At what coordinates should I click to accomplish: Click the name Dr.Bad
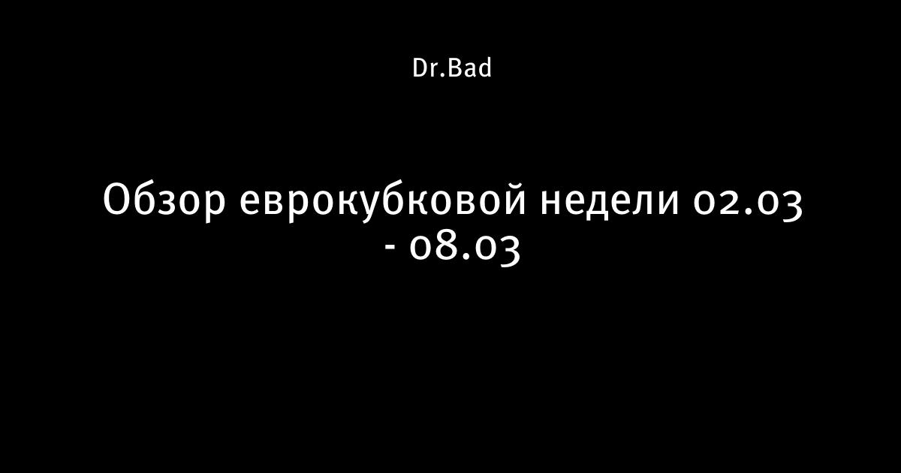[452, 68]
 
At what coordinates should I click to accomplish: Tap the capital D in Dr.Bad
[420, 68]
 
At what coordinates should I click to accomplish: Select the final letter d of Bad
[484, 68]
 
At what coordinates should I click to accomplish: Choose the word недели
[610, 203]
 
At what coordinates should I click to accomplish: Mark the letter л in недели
[640, 203]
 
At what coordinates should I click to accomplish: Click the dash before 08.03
[390, 246]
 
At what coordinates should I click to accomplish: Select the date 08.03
[465, 249]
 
